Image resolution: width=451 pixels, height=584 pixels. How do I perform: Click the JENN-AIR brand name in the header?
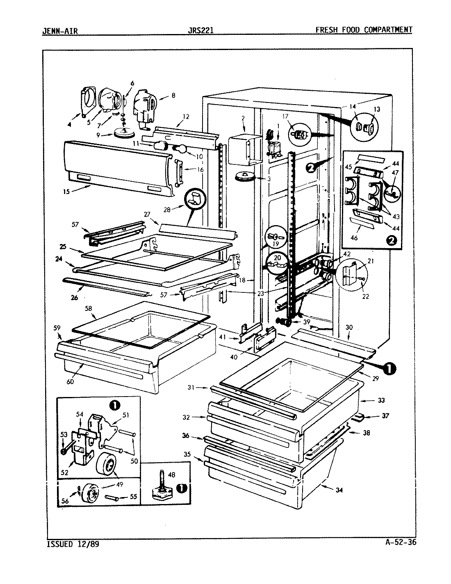coord(60,30)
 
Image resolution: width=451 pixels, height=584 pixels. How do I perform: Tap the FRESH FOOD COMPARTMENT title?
coord(364,30)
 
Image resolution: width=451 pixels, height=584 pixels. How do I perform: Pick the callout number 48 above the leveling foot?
coord(171,474)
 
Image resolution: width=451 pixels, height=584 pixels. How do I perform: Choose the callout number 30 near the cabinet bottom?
coord(349,327)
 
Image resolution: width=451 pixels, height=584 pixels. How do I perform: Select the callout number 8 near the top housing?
coord(173,96)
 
